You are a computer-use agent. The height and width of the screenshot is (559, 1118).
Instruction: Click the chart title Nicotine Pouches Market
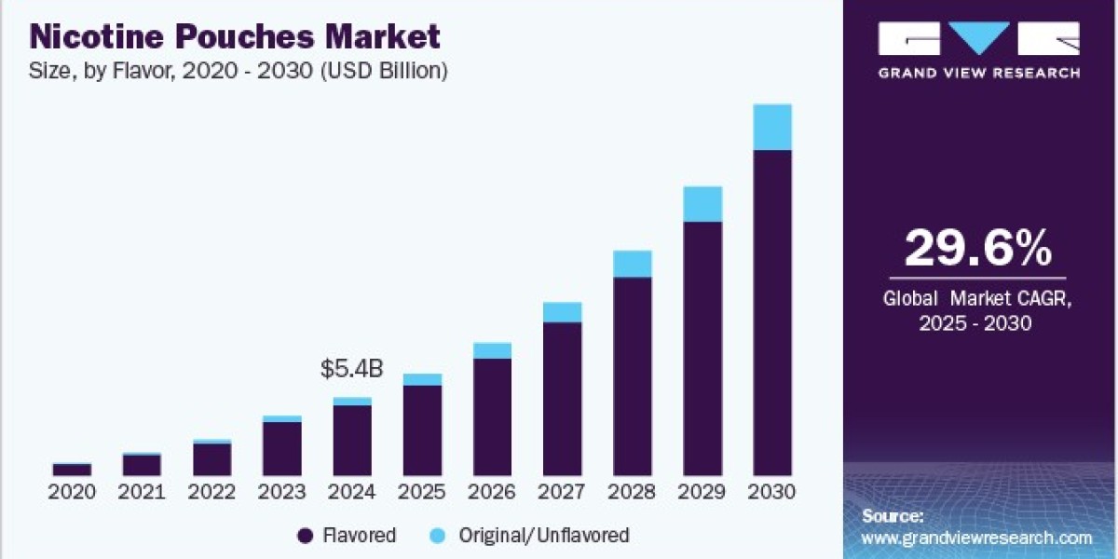pos(235,36)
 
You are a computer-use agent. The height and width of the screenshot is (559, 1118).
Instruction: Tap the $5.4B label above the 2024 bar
pos(352,369)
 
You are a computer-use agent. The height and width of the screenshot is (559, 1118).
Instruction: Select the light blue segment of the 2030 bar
pos(772,127)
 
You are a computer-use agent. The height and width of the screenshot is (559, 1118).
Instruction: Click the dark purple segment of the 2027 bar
pos(563,399)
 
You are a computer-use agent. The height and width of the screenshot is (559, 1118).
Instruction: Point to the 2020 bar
pos(72,470)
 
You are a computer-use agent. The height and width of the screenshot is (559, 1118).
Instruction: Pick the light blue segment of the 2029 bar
pos(702,204)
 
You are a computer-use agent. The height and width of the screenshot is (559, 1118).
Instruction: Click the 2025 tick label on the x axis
pos(422,492)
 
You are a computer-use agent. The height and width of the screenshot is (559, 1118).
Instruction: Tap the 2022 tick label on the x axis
pos(211,492)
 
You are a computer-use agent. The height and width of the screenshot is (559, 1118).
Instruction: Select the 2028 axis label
pos(632,492)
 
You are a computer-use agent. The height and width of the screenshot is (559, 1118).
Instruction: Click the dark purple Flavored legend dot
pos(305,536)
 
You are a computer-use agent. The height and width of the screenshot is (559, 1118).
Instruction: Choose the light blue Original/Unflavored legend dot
pos(437,536)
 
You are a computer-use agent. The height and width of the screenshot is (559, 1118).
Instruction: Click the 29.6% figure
pos(978,248)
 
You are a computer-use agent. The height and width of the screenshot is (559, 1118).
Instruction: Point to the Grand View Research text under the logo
pos(979,74)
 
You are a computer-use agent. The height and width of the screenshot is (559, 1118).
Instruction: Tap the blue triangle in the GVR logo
pos(979,38)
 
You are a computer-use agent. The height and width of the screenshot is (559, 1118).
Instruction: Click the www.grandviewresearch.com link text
pos(976,539)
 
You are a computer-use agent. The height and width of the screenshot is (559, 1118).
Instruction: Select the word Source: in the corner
pos(893,515)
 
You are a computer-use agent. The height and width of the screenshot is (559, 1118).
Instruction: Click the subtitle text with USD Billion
pos(239,71)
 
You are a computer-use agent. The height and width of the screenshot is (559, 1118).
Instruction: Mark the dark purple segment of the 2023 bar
pos(282,449)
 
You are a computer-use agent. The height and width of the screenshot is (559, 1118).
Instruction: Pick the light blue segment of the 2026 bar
pos(492,351)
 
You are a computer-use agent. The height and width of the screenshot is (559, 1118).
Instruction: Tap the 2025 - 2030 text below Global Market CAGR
pos(975,323)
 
